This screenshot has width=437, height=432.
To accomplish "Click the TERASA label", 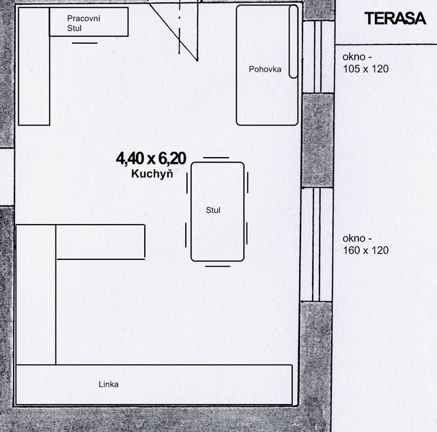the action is tap(395, 18).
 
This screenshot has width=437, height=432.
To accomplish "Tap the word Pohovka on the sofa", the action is tap(265, 70).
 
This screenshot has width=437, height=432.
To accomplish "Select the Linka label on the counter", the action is tap(109, 384).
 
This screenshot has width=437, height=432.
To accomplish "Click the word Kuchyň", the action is tap(152, 174).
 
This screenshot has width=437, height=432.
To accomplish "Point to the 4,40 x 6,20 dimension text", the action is tap(151, 159).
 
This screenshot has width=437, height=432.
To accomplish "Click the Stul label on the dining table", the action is tap(213, 210).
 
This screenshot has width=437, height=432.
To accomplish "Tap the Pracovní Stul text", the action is tap(83, 23).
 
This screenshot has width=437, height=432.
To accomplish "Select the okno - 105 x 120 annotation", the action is tap(365, 63).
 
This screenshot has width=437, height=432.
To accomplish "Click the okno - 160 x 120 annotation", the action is tap(365, 244).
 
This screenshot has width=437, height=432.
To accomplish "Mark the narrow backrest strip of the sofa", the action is tap(293, 42).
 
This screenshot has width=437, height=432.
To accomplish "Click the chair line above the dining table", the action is tap(216, 158).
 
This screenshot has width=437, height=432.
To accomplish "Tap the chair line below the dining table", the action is tap(218, 266).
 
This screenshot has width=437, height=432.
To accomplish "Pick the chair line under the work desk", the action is tap(85, 43).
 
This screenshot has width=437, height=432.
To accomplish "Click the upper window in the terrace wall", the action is tap(318, 57).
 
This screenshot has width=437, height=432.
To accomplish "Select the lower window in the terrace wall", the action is tap(317, 245).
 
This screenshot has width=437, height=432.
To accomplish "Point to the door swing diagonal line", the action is tap(173, 31).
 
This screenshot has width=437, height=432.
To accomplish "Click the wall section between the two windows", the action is tap(318, 141).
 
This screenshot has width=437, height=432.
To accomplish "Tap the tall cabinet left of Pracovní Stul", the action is tap(34, 66).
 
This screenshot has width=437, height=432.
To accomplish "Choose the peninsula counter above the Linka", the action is tap(100, 242).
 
